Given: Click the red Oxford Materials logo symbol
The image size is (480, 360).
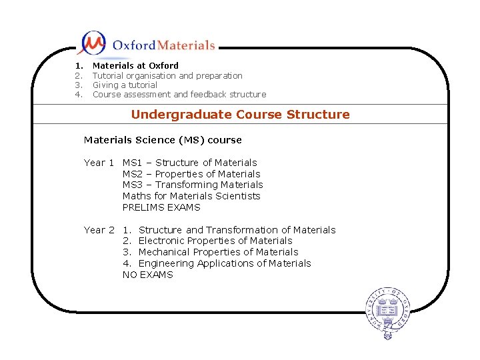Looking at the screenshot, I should (92, 43).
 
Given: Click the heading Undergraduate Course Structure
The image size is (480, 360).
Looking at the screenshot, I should (240, 114).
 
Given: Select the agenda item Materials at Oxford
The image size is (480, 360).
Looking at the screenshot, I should (135, 66).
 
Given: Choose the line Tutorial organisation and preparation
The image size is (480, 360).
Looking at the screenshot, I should (167, 75).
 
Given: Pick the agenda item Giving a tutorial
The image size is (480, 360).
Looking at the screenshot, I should (125, 85).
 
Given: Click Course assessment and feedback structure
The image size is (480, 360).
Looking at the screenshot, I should (179, 95).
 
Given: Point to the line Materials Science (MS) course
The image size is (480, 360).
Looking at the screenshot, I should (163, 140).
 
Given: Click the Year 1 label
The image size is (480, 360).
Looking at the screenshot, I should (99, 163).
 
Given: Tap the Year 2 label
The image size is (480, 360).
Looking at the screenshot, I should (99, 230).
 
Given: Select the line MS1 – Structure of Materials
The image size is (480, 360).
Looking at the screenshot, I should (190, 163).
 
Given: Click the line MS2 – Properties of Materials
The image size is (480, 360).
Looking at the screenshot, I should (191, 174).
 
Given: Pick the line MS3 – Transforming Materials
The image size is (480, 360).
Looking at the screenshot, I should (193, 185).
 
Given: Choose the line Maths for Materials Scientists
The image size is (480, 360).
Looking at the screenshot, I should (191, 196).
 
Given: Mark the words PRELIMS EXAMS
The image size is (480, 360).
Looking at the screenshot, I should (161, 207).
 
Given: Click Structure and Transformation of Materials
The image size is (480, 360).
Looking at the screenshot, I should (237, 230).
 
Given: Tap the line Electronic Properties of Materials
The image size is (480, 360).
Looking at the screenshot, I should (215, 241).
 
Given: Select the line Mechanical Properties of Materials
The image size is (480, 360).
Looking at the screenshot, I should (218, 252).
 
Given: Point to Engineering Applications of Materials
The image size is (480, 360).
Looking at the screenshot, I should (224, 263).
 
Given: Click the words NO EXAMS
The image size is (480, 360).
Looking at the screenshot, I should (147, 275).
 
